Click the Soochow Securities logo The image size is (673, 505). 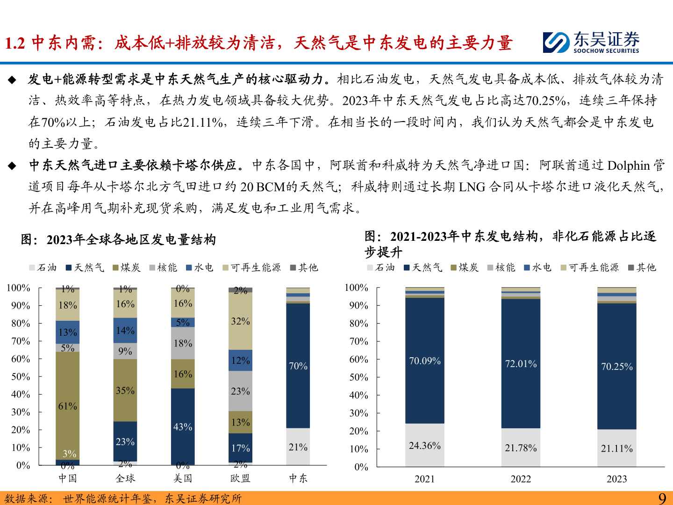tap(591, 42)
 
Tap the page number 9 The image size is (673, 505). tap(662, 498)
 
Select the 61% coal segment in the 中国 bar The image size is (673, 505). tap(67, 406)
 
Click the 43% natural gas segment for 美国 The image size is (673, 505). tap(183, 426)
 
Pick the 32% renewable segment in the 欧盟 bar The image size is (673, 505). tap(240, 321)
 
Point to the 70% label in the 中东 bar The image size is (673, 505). tap(298, 366)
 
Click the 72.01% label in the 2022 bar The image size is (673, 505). tap(521, 364)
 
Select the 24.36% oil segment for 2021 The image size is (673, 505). tap(424, 445)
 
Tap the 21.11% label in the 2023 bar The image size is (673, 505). tap(616, 448)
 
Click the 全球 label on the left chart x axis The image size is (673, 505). tap(125, 478)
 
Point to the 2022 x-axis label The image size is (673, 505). tap(521, 479)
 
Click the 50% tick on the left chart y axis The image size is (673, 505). tap(21, 377)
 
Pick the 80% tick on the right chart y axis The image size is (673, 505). tap(358, 323)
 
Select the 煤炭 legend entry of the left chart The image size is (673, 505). tap(127, 267)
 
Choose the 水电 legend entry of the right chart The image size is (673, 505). tap(538, 267)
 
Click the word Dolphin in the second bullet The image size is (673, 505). tap(629, 166)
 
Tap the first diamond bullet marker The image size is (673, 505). tap(12, 80)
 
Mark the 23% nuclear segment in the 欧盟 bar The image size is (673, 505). tap(240, 391)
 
